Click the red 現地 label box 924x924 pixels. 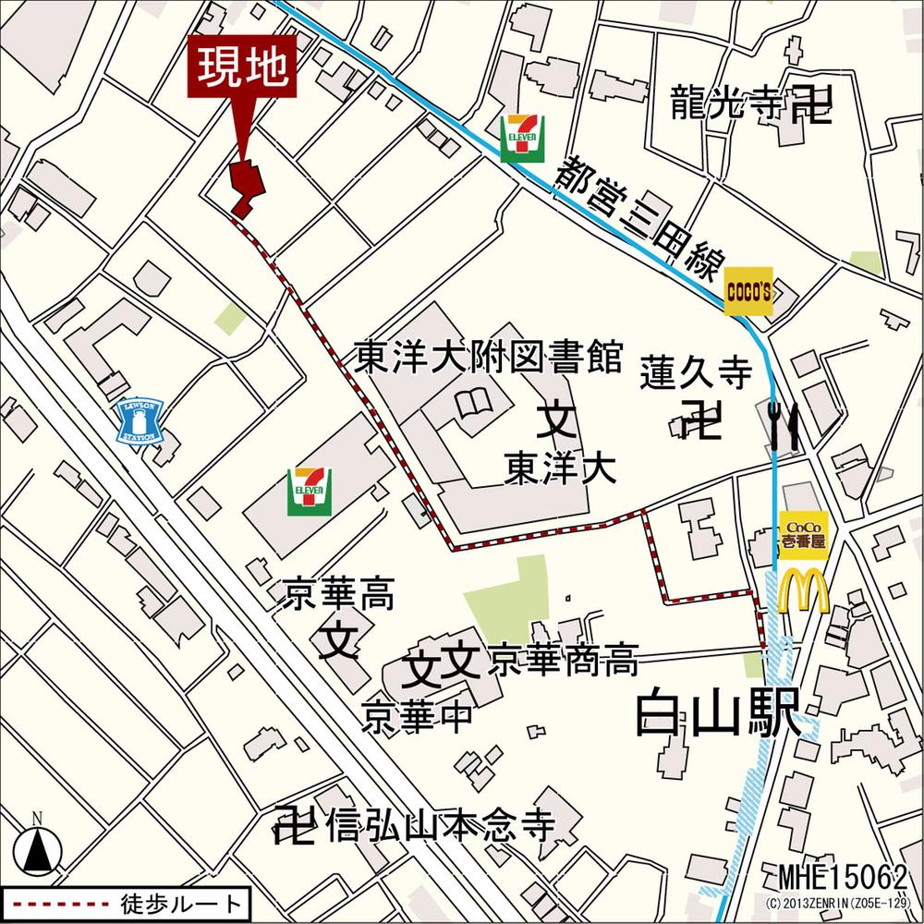(x=244, y=67)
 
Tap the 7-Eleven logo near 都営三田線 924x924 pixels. (x=520, y=139)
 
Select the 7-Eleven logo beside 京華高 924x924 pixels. (x=310, y=490)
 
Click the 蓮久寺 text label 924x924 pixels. (x=696, y=374)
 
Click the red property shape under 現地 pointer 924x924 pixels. (x=247, y=188)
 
